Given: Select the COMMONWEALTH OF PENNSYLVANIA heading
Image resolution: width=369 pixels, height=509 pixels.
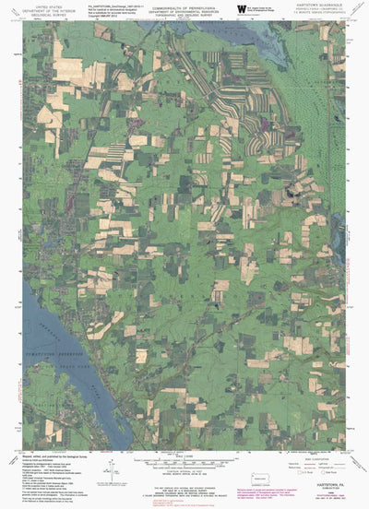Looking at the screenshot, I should pyautogui.click(x=184, y=5).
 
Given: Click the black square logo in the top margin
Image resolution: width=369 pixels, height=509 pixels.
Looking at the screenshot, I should pyautogui.click(x=242, y=8).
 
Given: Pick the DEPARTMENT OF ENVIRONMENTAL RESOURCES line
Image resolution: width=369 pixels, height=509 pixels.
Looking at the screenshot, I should pyautogui.click(x=184, y=9).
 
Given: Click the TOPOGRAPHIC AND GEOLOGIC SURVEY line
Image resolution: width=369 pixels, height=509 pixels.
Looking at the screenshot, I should pyautogui.click(x=184, y=14).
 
